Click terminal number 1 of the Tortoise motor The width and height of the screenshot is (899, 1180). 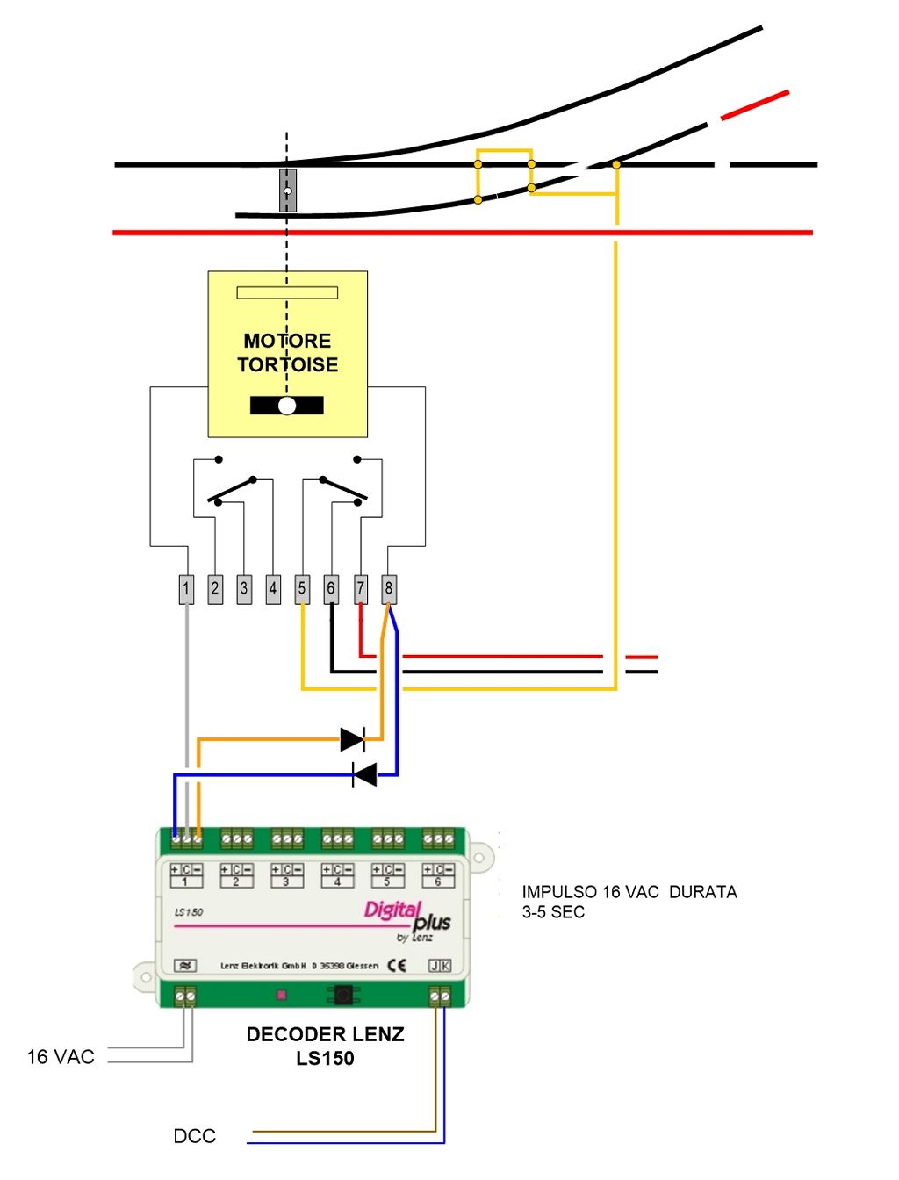(x=186, y=589)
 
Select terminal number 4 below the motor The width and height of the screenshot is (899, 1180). (x=273, y=589)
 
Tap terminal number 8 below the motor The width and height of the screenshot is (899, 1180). (x=389, y=589)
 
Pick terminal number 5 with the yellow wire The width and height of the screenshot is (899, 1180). (x=302, y=589)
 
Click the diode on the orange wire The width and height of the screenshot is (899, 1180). (x=352, y=739)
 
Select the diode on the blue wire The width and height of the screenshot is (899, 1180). (x=364, y=774)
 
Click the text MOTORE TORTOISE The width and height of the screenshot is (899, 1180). (x=287, y=353)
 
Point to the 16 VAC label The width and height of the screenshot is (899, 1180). (x=61, y=1057)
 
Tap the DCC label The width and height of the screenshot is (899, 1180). (x=194, y=1136)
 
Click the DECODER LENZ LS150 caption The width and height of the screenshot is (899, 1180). (x=325, y=1046)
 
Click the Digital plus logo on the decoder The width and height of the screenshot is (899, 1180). (x=407, y=918)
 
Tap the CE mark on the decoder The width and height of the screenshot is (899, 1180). (x=397, y=966)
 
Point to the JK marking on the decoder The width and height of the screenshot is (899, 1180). (x=440, y=966)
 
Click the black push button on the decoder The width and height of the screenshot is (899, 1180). (x=343, y=995)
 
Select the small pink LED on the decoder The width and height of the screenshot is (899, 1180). (x=282, y=995)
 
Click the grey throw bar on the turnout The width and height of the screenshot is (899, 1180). (x=287, y=191)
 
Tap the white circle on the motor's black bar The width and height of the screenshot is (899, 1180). (x=287, y=406)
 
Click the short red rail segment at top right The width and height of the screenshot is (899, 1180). (x=754, y=104)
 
